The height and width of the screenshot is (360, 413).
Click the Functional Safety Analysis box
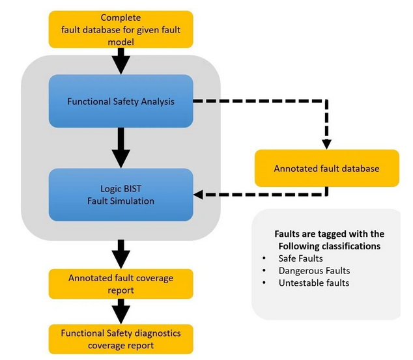coord(121,101)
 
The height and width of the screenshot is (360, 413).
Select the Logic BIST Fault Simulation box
coord(121,194)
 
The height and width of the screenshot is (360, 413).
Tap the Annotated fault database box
coord(326,168)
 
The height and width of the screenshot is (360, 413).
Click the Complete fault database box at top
coord(121,29)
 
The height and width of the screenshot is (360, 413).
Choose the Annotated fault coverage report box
coord(121,284)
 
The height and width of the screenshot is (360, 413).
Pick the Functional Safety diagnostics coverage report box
coord(121,339)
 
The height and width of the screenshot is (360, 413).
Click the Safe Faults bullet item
coord(301,258)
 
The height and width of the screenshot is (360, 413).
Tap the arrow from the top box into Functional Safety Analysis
coord(121,62)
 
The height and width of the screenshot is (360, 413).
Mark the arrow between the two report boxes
coord(121,311)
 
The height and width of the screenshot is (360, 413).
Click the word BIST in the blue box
coord(131,188)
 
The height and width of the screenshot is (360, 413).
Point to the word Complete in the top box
coord(121,17)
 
